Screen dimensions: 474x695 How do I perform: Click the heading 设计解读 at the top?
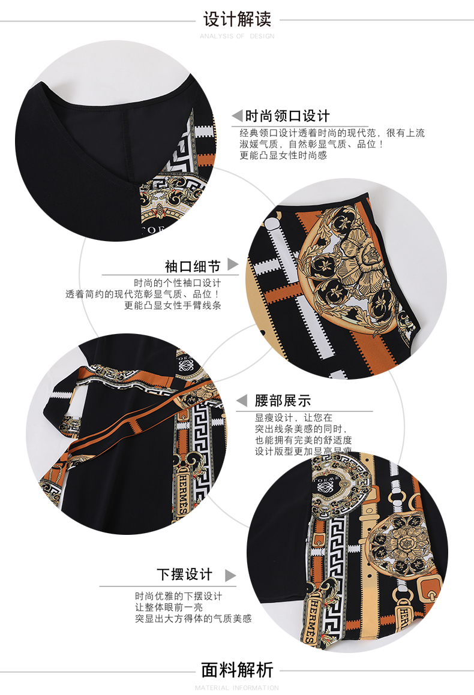(237, 19)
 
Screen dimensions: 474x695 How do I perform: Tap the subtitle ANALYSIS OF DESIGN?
(237, 36)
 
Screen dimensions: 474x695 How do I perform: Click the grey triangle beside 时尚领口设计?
(237, 115)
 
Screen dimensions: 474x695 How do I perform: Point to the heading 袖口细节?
(193, 266)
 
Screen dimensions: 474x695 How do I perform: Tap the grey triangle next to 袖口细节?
(232, 265)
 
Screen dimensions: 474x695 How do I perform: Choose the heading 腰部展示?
(283, 401)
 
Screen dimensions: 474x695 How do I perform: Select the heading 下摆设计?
(185, 574)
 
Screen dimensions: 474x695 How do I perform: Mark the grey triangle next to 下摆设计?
(230, 576)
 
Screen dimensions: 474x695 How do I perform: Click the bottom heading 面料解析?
(237, 669)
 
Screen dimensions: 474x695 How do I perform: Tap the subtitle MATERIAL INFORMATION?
(237, 687)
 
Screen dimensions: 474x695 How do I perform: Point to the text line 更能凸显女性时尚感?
(283, 155)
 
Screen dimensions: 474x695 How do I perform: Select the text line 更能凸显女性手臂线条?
(173, 305)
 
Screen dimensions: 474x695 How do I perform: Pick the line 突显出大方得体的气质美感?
(193, 618)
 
